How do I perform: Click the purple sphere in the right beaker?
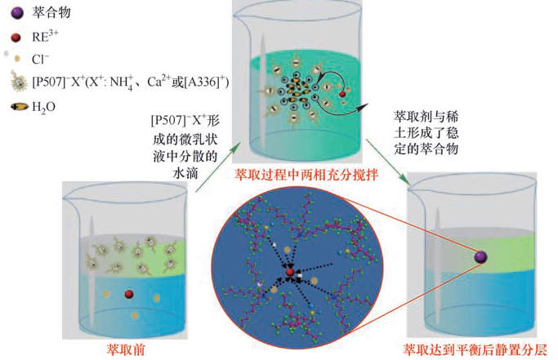481,258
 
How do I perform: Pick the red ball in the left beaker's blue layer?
128,294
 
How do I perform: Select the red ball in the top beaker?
341,94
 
